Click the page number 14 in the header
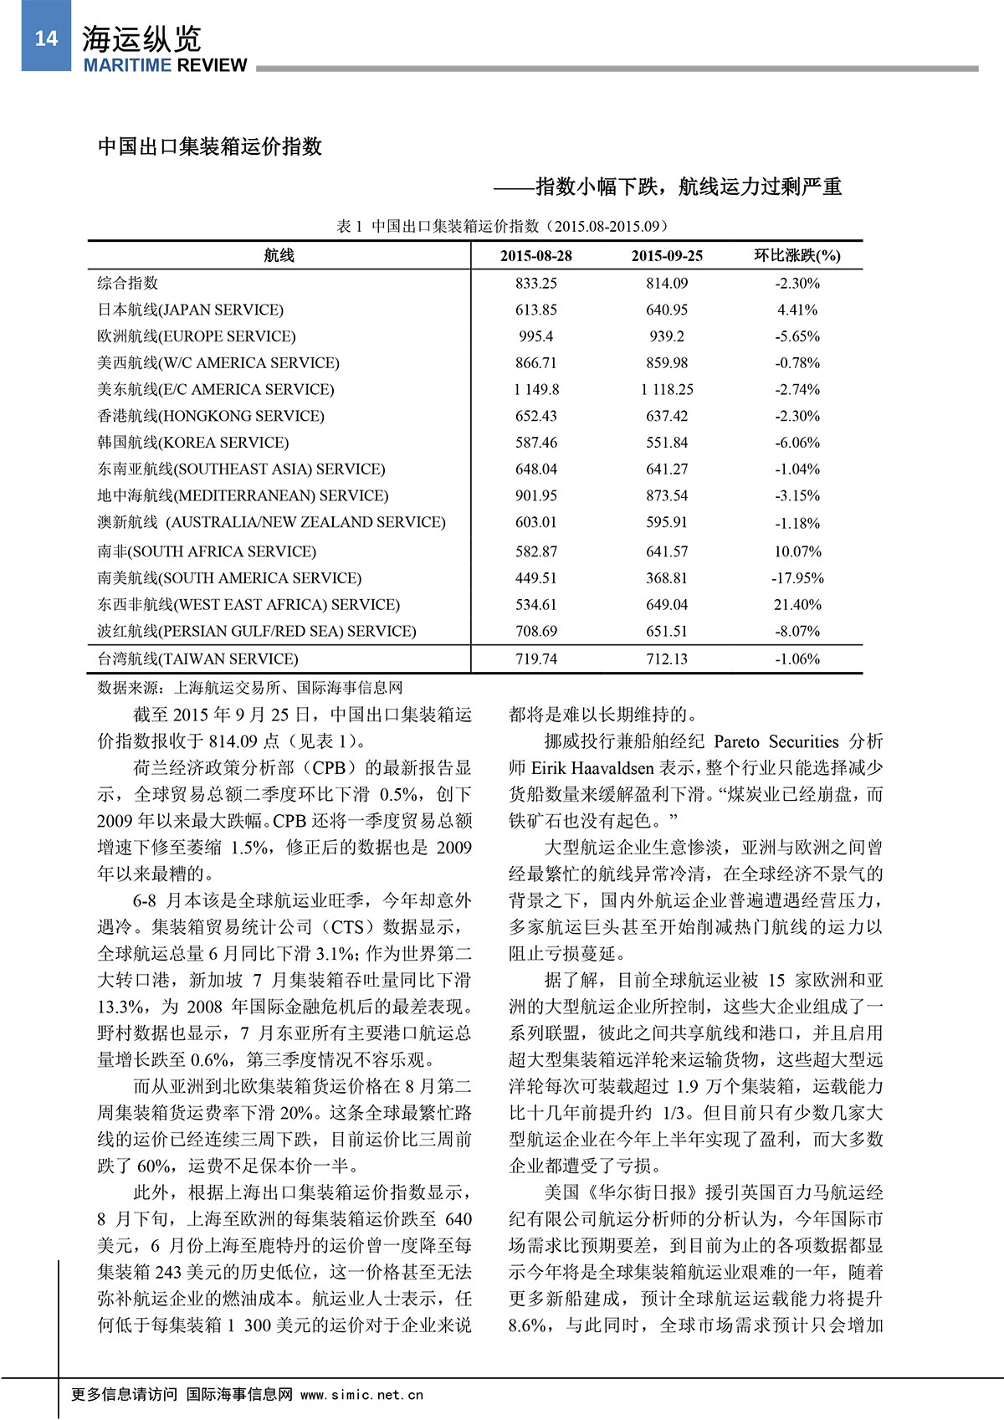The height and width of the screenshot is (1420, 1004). tap(45, 38)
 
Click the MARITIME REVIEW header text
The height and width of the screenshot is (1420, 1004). tap(165, 65)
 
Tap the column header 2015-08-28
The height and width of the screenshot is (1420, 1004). tap(536, 256)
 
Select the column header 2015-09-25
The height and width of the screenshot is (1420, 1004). tap(667, 256)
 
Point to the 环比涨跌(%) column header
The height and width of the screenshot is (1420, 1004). tap(797, 256)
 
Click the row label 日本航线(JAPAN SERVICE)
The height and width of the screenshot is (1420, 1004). tap(191, 310)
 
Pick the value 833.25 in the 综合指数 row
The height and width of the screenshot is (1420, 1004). tap(536, 283)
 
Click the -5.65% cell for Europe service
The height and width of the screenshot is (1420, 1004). tap(797, 336)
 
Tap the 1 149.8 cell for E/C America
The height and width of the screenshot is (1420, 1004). tap(536, 389)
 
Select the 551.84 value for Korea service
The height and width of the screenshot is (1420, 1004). tap(667, 443)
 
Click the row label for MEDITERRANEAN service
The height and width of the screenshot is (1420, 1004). tap(243, 495)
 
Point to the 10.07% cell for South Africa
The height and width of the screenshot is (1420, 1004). tap(797, 551)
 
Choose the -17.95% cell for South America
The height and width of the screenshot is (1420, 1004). tap(797, 578)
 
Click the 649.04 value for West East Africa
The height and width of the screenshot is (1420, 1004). tap(667, 604)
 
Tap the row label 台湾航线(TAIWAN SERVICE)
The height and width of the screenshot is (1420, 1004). tap(198, 659)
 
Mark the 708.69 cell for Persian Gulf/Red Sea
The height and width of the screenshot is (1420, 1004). tap(536, 631)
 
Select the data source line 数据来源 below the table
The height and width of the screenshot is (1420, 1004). tap(250, 688)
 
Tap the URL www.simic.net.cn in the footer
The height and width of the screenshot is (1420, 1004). tap(361, 1395)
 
